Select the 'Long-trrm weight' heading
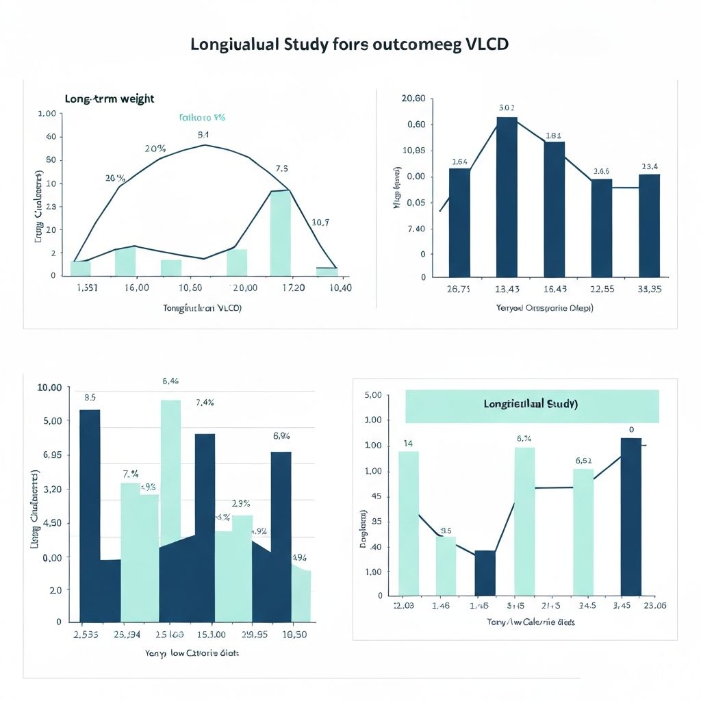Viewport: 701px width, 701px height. [x=110, y=99]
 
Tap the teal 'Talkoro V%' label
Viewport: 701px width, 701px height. [x=202, y=118]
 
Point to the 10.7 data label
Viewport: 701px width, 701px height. [x=320, y=222]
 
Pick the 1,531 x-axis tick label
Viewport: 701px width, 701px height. [x=85, y=288]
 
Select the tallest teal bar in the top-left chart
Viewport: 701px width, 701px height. [x=280, y=232]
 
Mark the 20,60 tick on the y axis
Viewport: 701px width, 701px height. [x=413, y=99]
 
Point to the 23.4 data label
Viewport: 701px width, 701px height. [x=650, y=166]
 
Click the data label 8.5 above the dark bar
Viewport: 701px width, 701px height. [x=90, y=397]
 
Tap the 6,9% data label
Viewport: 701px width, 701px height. [x=281, y=435]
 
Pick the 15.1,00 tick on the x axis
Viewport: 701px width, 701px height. [x=203, y=634]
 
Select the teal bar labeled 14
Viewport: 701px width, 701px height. [x=408, y=523]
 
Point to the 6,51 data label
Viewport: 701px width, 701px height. [x=583, y=460]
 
